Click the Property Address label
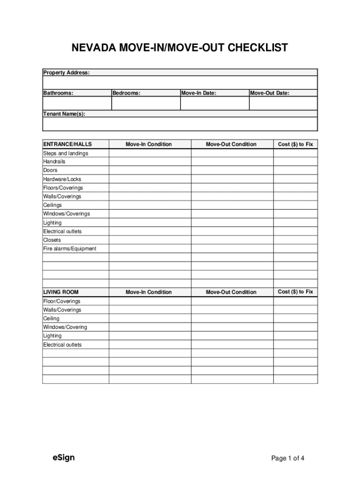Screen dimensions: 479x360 pos(66,73)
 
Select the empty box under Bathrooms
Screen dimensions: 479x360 pos(77,103)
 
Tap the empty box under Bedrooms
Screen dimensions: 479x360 pos(145,103)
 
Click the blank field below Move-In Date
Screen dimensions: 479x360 pos(214,103)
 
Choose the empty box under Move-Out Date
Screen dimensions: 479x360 pos(283,103)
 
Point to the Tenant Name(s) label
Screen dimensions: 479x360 pos(64,114)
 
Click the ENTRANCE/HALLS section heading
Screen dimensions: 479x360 pos(67,144)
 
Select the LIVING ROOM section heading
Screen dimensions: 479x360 pos(61,292)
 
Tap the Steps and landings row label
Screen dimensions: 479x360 pos(65,153)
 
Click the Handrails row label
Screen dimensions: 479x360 pos(54,161)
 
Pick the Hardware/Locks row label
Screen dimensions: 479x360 pos(62,179)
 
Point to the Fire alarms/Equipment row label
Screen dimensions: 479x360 pos(70,248)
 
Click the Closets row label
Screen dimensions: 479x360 pos(52,240)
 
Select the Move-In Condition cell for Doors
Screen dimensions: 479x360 pos(150,170)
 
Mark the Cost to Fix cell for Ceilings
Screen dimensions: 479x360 pos(295,205)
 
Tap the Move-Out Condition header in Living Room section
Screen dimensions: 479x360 pos(231,292)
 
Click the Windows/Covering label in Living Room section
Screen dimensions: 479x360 pos(65,327)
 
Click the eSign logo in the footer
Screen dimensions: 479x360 pos(63,457)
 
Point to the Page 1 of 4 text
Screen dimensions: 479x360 pos(288,458)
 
